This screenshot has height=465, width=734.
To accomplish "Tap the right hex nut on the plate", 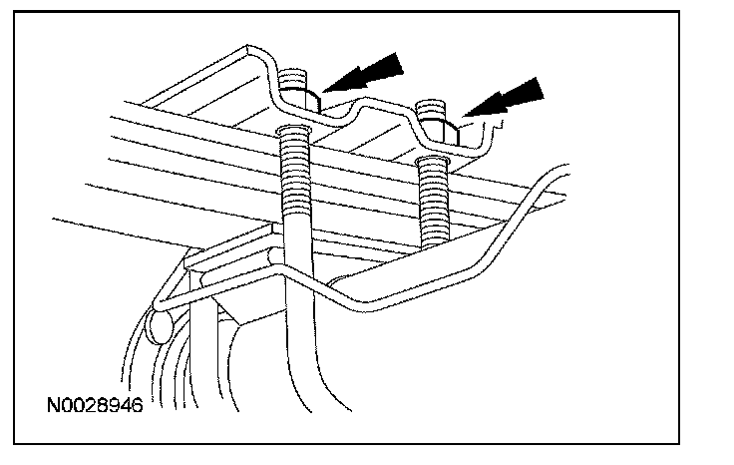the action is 438,128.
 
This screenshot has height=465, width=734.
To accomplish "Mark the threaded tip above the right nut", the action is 431,106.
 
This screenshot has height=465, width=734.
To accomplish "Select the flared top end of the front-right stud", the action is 432,160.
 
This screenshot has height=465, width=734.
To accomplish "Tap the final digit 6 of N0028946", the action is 137,406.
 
